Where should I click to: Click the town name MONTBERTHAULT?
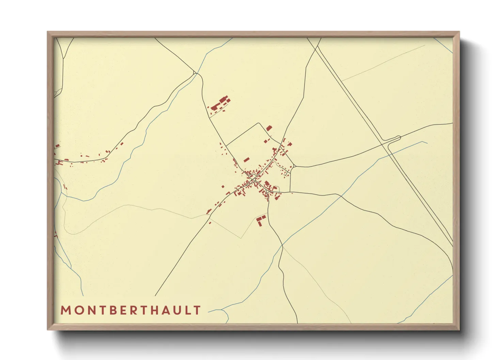[131, 310]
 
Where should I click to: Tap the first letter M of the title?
[65, 310]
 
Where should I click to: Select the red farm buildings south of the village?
[261, 219]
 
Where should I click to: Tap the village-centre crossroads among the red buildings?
[252, 178]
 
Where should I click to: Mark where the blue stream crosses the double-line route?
[391, 155]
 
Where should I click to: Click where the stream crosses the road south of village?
[282, 245]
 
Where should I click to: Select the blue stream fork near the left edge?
[61, 194]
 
